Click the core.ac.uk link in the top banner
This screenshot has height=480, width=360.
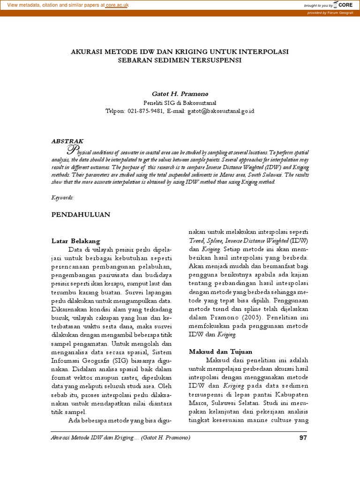point(117,5)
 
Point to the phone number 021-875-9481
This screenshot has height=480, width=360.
point(145,111)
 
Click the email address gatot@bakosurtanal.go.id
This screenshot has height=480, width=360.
point(221,111)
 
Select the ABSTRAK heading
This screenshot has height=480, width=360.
point(67,140)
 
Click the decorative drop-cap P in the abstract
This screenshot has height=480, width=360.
point(71,150)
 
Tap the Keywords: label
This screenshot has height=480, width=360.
point(63,198)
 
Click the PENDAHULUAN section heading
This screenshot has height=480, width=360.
point(80,214)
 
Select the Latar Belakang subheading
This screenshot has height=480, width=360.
point(75,240)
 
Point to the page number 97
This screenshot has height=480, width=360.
point(302,438)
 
